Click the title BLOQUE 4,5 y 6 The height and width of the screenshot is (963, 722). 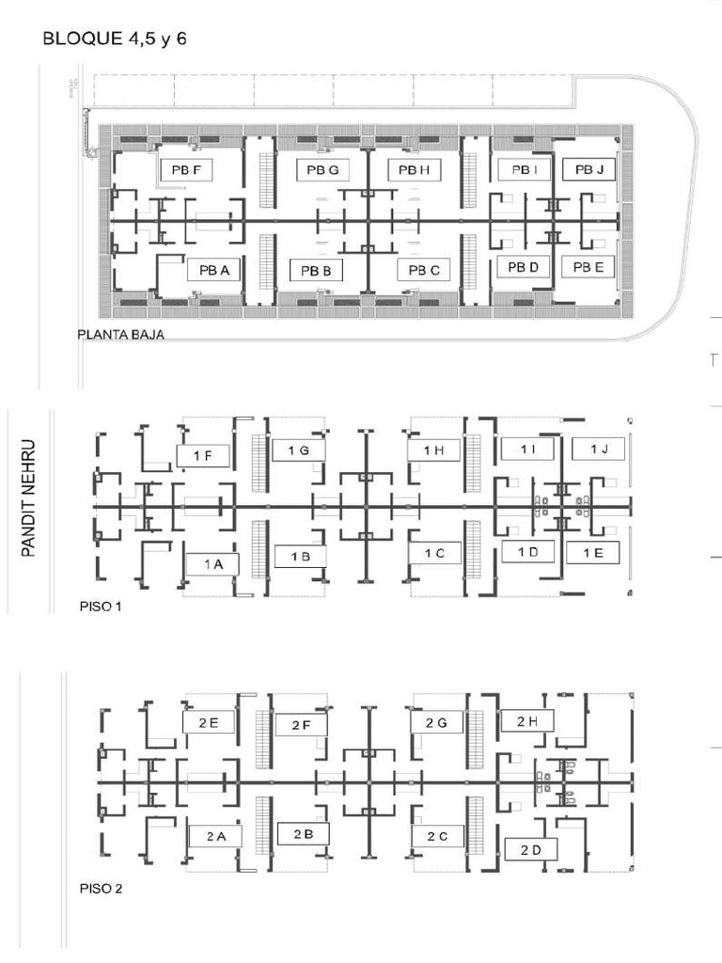114,39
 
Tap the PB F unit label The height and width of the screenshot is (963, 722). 186,170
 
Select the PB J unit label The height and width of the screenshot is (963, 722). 589,169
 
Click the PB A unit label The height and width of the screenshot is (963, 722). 213,270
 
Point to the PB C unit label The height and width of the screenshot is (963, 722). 424,270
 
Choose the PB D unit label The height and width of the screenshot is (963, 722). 523,267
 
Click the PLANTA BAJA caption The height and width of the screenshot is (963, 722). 121,335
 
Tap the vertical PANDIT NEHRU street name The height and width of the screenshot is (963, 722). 27,498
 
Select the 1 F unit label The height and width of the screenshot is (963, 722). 203,456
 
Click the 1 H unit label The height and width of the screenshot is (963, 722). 433,450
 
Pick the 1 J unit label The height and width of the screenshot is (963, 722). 599,449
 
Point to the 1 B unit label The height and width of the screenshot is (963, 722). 300,557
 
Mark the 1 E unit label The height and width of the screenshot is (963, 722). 592,553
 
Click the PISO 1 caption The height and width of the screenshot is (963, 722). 101,607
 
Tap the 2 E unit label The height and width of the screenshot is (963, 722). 208,723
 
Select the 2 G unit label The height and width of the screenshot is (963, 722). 436,723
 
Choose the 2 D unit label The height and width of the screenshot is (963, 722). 531,850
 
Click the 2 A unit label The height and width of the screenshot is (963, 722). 215,836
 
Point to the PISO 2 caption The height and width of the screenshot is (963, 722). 101,889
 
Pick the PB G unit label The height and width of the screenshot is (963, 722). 322,170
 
